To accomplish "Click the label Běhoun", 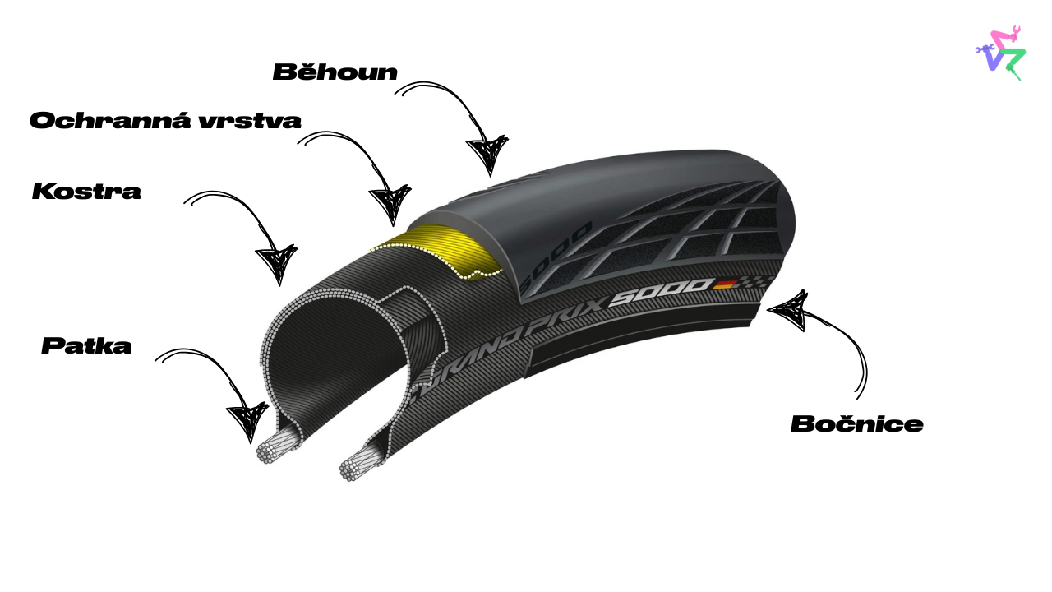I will click(335, 72).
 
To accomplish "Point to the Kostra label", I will click(86, 192).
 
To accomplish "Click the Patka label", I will click(86, 346).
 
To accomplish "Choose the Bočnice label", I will click(856, 424).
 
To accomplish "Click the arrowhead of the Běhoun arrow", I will click(487, 157).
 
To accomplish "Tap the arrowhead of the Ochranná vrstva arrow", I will click(390, 205).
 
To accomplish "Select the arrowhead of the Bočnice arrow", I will click(786, 309).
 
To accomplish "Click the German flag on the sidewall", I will click(725, 284).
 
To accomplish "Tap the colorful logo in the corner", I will click(1000, 52).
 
